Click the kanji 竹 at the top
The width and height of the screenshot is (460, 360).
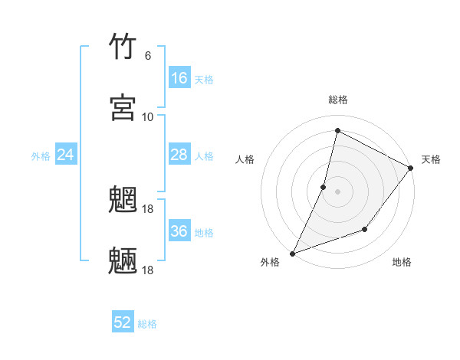click(x=123, y=47)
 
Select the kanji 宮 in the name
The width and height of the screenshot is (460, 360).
click(x=123, y=107)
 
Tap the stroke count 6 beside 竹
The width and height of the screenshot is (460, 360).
click(x=147, y=56)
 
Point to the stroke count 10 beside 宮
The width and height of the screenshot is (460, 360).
click(x=147, y=116)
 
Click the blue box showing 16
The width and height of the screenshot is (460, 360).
click(x=179, y=78)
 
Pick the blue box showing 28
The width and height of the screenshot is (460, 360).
click(x=179, y=155)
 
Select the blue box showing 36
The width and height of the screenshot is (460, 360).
click(x=179, y=231)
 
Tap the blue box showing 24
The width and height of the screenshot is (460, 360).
click(x=66, y=155)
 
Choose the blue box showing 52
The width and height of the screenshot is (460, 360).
click(x=123, y=322)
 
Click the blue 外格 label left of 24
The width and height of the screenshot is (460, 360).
click(x=41, y=156)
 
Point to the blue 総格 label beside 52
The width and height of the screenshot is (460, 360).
click(x=147, y=324)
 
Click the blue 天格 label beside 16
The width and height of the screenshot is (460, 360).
click(x=203, y=80)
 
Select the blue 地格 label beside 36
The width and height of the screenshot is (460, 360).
click(x=203, y=233)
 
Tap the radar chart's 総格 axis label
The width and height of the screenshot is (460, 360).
click(x=338, y=100)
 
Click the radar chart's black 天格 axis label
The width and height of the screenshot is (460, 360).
click(x=431, y=159)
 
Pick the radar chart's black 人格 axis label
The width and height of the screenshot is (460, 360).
click(x=245, y=159)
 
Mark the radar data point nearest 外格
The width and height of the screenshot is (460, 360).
click(x=292, y=253)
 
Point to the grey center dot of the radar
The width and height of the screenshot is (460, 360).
click(x=337, y=191)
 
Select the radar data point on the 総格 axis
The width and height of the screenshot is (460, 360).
click(x=337, y=131)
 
